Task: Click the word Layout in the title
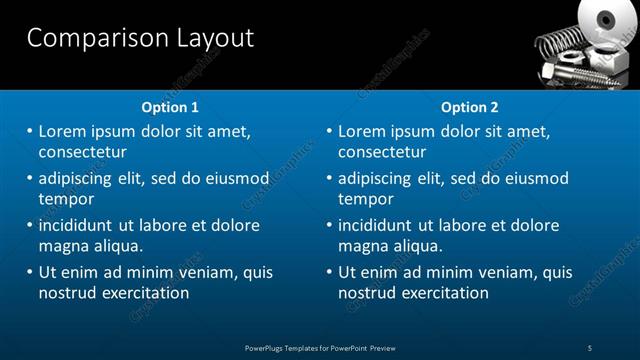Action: pyautogui.click(x=211, y=38)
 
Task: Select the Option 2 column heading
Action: pyautogui.click(x=469, y=107)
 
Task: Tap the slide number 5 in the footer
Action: pyautogui.click(x=590, y=347)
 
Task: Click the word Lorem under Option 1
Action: pyautogui.click(x=63, y=131)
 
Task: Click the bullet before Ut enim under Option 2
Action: pyautogui.click(x=329, y=272)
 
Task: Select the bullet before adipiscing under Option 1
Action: pyautogui.click(x=29, y=178)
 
